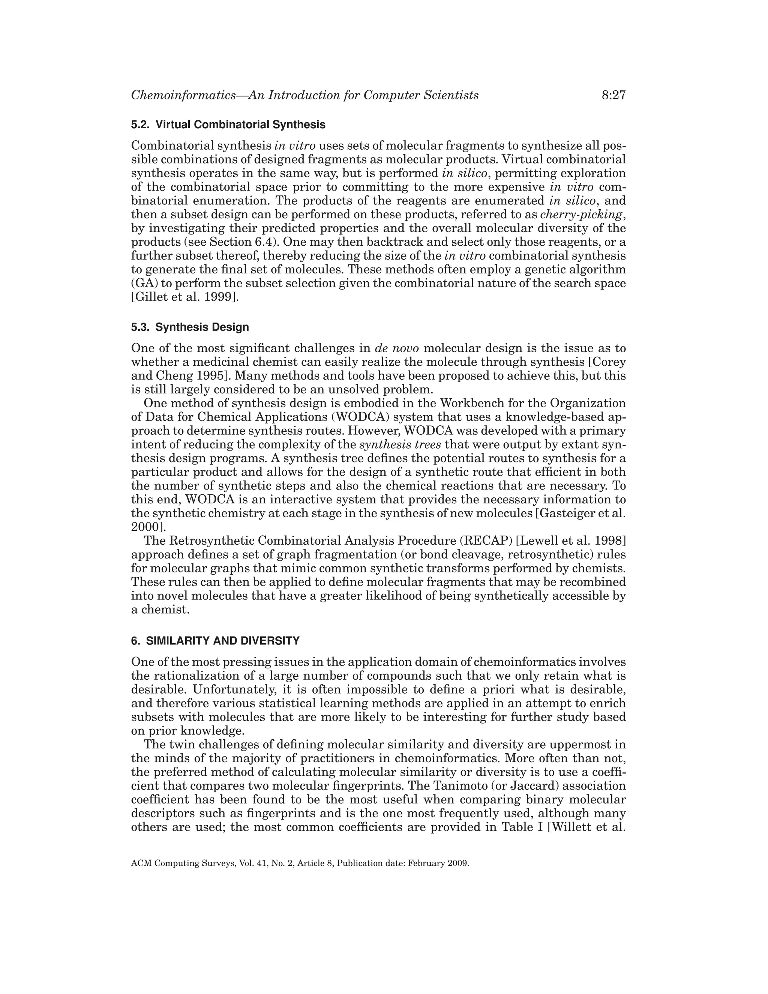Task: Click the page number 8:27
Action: coord(613,95)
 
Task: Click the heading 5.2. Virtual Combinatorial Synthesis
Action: coord(228,125)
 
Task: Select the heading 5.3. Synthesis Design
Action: coord(190,327)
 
